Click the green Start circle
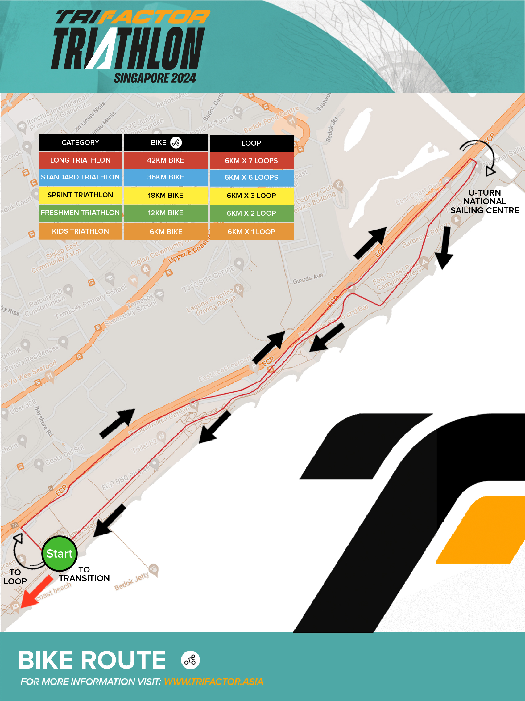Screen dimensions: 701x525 (x=60, y=553)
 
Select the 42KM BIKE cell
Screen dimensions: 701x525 (x=166, y=160)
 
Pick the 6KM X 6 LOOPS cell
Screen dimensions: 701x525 (x=251, y=177)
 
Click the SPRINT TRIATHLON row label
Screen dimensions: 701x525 (x=80, y=195)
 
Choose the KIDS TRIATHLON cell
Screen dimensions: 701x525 (x=80, y=231)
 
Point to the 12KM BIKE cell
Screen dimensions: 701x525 (x=166, y=213)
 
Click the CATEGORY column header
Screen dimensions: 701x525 (x=80, y=143)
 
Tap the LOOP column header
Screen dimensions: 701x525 (x=251, y=143)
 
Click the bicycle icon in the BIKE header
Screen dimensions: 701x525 (x=176, y=143)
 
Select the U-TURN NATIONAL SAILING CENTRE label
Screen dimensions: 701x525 (x=485, y=201)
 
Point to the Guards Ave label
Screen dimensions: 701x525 (x=308, y=279)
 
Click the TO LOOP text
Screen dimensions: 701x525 (x=15, y=577)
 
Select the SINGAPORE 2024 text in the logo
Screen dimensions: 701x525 (x=155, y=78)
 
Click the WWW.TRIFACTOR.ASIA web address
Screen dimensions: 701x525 (x=213, y=682)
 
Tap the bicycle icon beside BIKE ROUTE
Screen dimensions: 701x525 (x=190, y=660)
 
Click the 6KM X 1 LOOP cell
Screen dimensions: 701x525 (x=251, y=232)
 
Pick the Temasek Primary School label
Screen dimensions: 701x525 (x=90, y=302)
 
